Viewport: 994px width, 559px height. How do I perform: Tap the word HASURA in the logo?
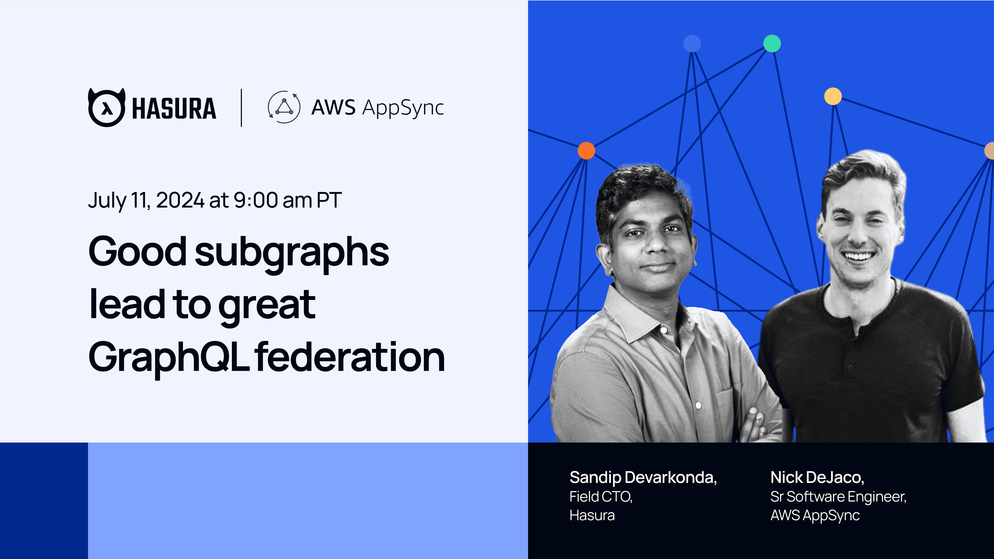pos(174,108)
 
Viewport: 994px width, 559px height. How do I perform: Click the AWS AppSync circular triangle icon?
pos(284,107)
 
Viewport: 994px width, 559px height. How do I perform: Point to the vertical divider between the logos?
pos(242,108)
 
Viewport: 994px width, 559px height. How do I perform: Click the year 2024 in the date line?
pos(180,200)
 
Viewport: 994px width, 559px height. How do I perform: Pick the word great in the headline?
pos(267,307)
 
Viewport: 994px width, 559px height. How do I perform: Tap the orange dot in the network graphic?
pos(586,150)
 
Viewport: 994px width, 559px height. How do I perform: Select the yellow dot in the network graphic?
pos(833,96)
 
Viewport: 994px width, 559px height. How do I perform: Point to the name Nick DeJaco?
pos(817,477)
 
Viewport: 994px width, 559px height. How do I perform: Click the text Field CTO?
pos(601,497)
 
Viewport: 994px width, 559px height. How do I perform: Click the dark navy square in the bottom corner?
pos(44,501)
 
